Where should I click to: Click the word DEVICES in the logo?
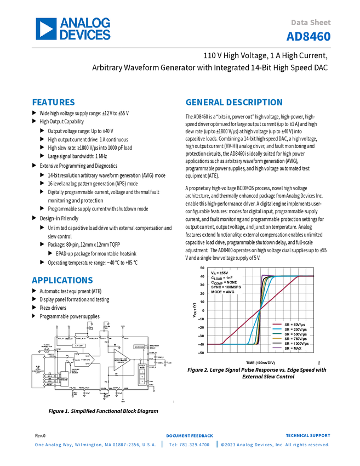click(85, 35)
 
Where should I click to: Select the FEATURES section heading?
click(53, 103)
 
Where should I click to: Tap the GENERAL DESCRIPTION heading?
click(233, 103)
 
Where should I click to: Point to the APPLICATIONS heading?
click(62, 280)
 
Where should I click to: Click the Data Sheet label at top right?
click(311, 22)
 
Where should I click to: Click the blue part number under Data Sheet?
click(308, 37)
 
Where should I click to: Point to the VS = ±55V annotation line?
click(220, 272)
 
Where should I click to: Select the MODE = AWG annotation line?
click(224, 292)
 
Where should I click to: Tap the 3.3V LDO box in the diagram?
click(79, 346)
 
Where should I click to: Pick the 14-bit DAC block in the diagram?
click(83, 360)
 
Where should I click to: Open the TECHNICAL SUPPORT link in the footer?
click(312, 436)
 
